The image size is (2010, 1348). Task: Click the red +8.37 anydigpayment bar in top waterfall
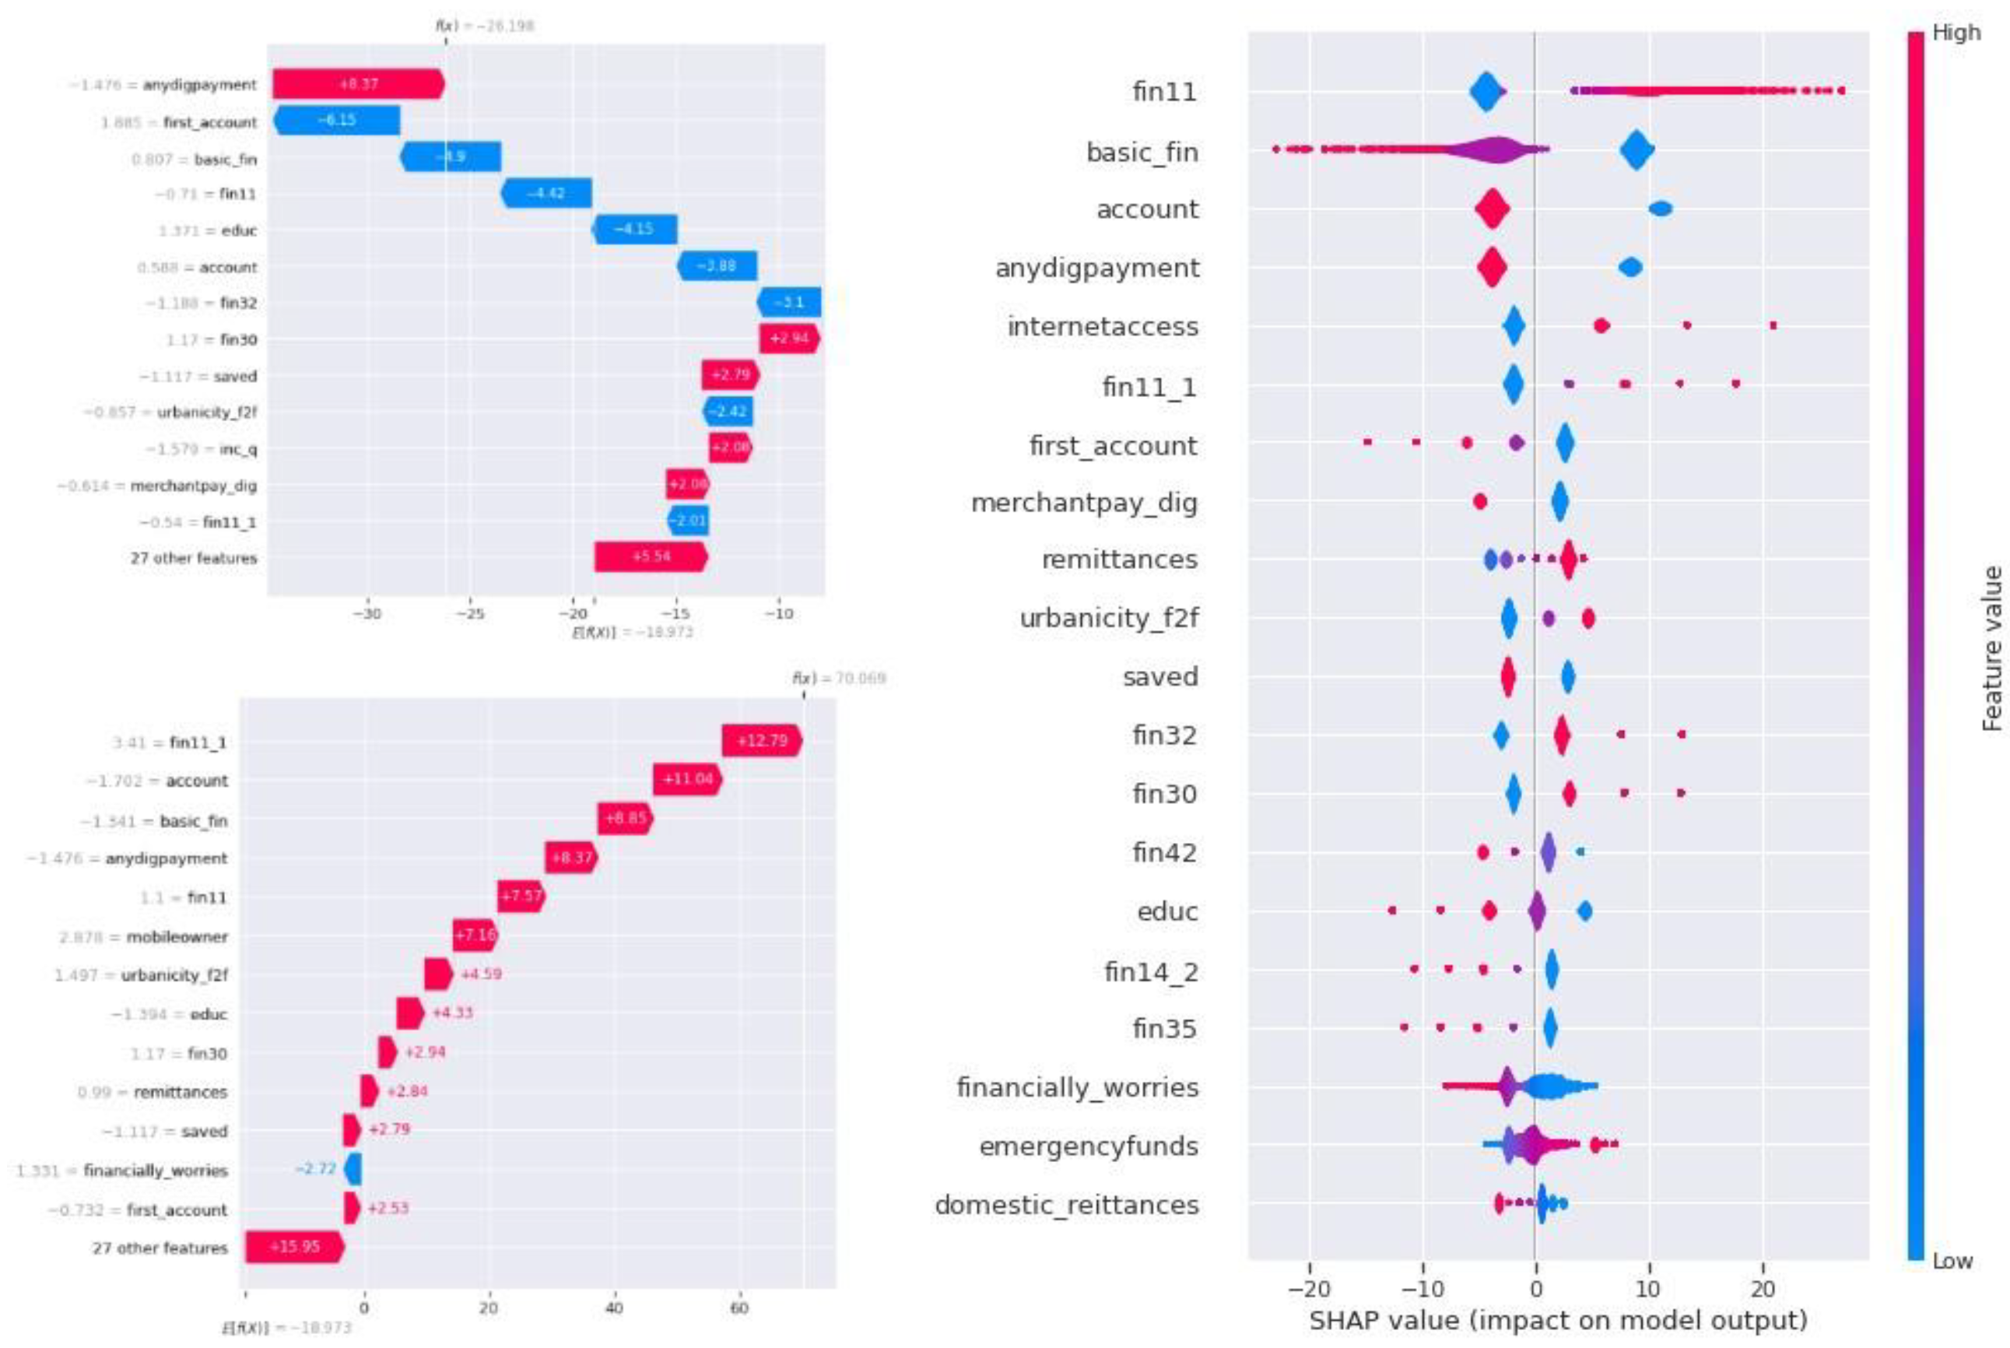(357, 84)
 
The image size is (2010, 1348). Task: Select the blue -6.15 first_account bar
(337, 121)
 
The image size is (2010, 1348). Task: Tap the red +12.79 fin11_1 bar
(761, 740)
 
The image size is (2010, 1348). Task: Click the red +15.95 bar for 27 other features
(294, 1247)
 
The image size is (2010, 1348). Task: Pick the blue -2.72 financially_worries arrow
(353, 1169)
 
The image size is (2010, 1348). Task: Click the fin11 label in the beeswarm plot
(1163, 91)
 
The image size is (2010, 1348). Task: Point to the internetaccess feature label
(1102, 327)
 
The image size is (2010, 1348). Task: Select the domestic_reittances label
(1065, 1206)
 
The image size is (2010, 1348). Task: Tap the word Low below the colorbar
(1952, 1261)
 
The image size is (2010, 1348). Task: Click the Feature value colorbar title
(1992, 649)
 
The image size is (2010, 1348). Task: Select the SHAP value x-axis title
(1557, 1321)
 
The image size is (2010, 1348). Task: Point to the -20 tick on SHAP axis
(1309, 1290)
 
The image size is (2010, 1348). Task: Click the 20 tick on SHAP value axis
(1763, 1290)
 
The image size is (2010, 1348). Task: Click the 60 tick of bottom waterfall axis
(739, 1308)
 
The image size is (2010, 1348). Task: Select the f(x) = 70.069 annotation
(838, 679)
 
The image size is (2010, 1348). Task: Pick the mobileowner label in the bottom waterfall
(177, 936)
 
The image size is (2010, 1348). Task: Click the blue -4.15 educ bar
(635, 230)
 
